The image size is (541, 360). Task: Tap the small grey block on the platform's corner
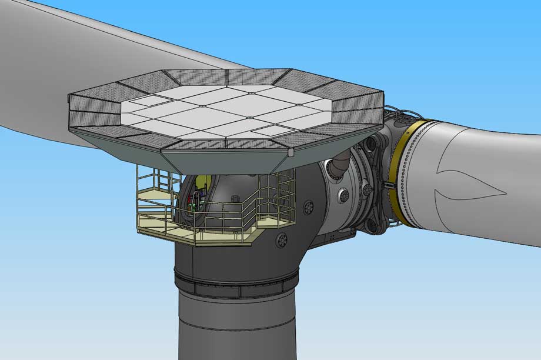pos(290,151)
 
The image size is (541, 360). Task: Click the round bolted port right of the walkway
pos(308,206)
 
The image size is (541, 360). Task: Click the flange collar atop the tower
pos(235,282)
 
